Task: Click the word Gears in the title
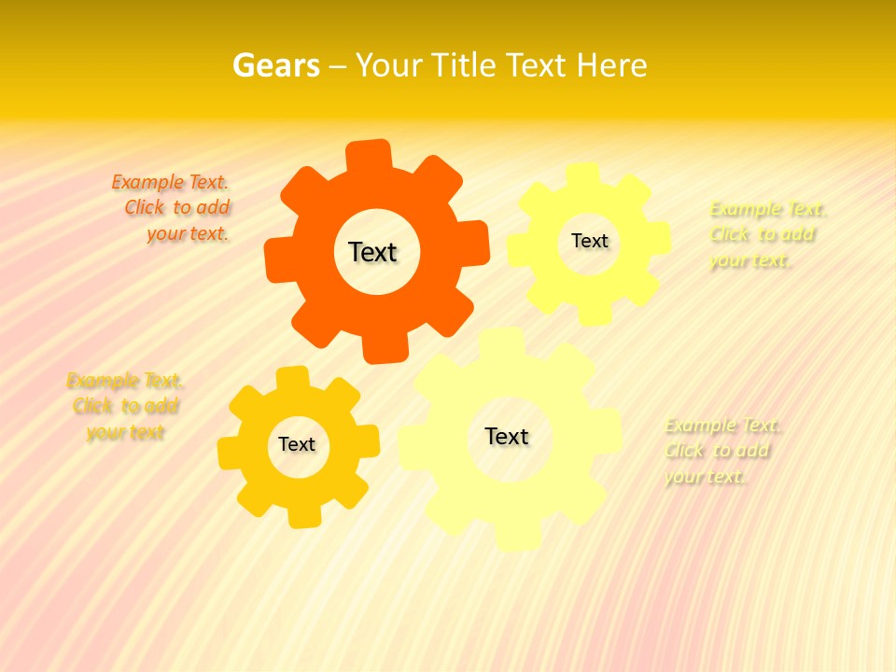pos(275,65)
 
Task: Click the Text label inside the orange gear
pos(372,252)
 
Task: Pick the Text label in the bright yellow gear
pos(589,241)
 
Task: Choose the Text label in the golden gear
pos(297,445)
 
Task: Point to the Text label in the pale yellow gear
pos(507,436)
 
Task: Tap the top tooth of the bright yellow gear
pos(582,175)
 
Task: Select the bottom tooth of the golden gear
pos(303,516)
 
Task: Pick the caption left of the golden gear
pos(125,406)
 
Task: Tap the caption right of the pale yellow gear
pos(721,451)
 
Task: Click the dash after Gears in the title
pos(338,65)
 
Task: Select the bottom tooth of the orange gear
pos(385,349)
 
